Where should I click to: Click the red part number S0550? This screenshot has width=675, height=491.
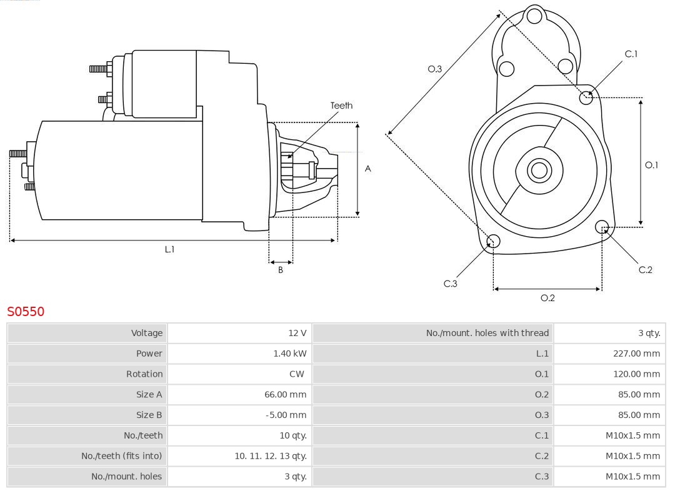[x=26, y=311]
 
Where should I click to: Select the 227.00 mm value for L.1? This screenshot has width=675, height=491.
[x=636, y=354]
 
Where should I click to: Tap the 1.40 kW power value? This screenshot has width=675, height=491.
[x=289, y=354]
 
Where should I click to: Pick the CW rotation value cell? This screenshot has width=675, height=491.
[x=297, y=374]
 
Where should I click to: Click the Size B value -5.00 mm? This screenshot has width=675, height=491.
[x=286, y=415]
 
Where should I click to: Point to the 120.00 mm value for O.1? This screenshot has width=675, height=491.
[x=636, y=374]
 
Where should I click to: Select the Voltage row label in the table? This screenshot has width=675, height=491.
[x=146, y=333]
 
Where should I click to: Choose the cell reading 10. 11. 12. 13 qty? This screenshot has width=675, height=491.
[x=271, y=456]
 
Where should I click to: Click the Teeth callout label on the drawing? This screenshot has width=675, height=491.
[x=341, y=106]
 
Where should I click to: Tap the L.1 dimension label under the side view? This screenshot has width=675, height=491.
[x=169, y=249]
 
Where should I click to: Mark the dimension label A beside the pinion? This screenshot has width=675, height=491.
[x=368, y=169]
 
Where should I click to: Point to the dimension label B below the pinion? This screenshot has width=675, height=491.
[x=281, y=270]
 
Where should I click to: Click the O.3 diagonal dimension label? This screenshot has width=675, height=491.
[x=434, y=69]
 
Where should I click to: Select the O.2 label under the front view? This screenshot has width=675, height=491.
[x=547, y=298]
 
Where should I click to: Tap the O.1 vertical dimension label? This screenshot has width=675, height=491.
[x=651, y=165]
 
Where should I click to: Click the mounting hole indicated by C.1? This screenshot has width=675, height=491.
[x=586, y=97]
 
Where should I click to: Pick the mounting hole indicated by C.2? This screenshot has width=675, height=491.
[x=602, y=226]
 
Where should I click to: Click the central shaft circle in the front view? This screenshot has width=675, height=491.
[x=537, y=170]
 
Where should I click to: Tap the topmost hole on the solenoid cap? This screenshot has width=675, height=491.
[x=534, y=16]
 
